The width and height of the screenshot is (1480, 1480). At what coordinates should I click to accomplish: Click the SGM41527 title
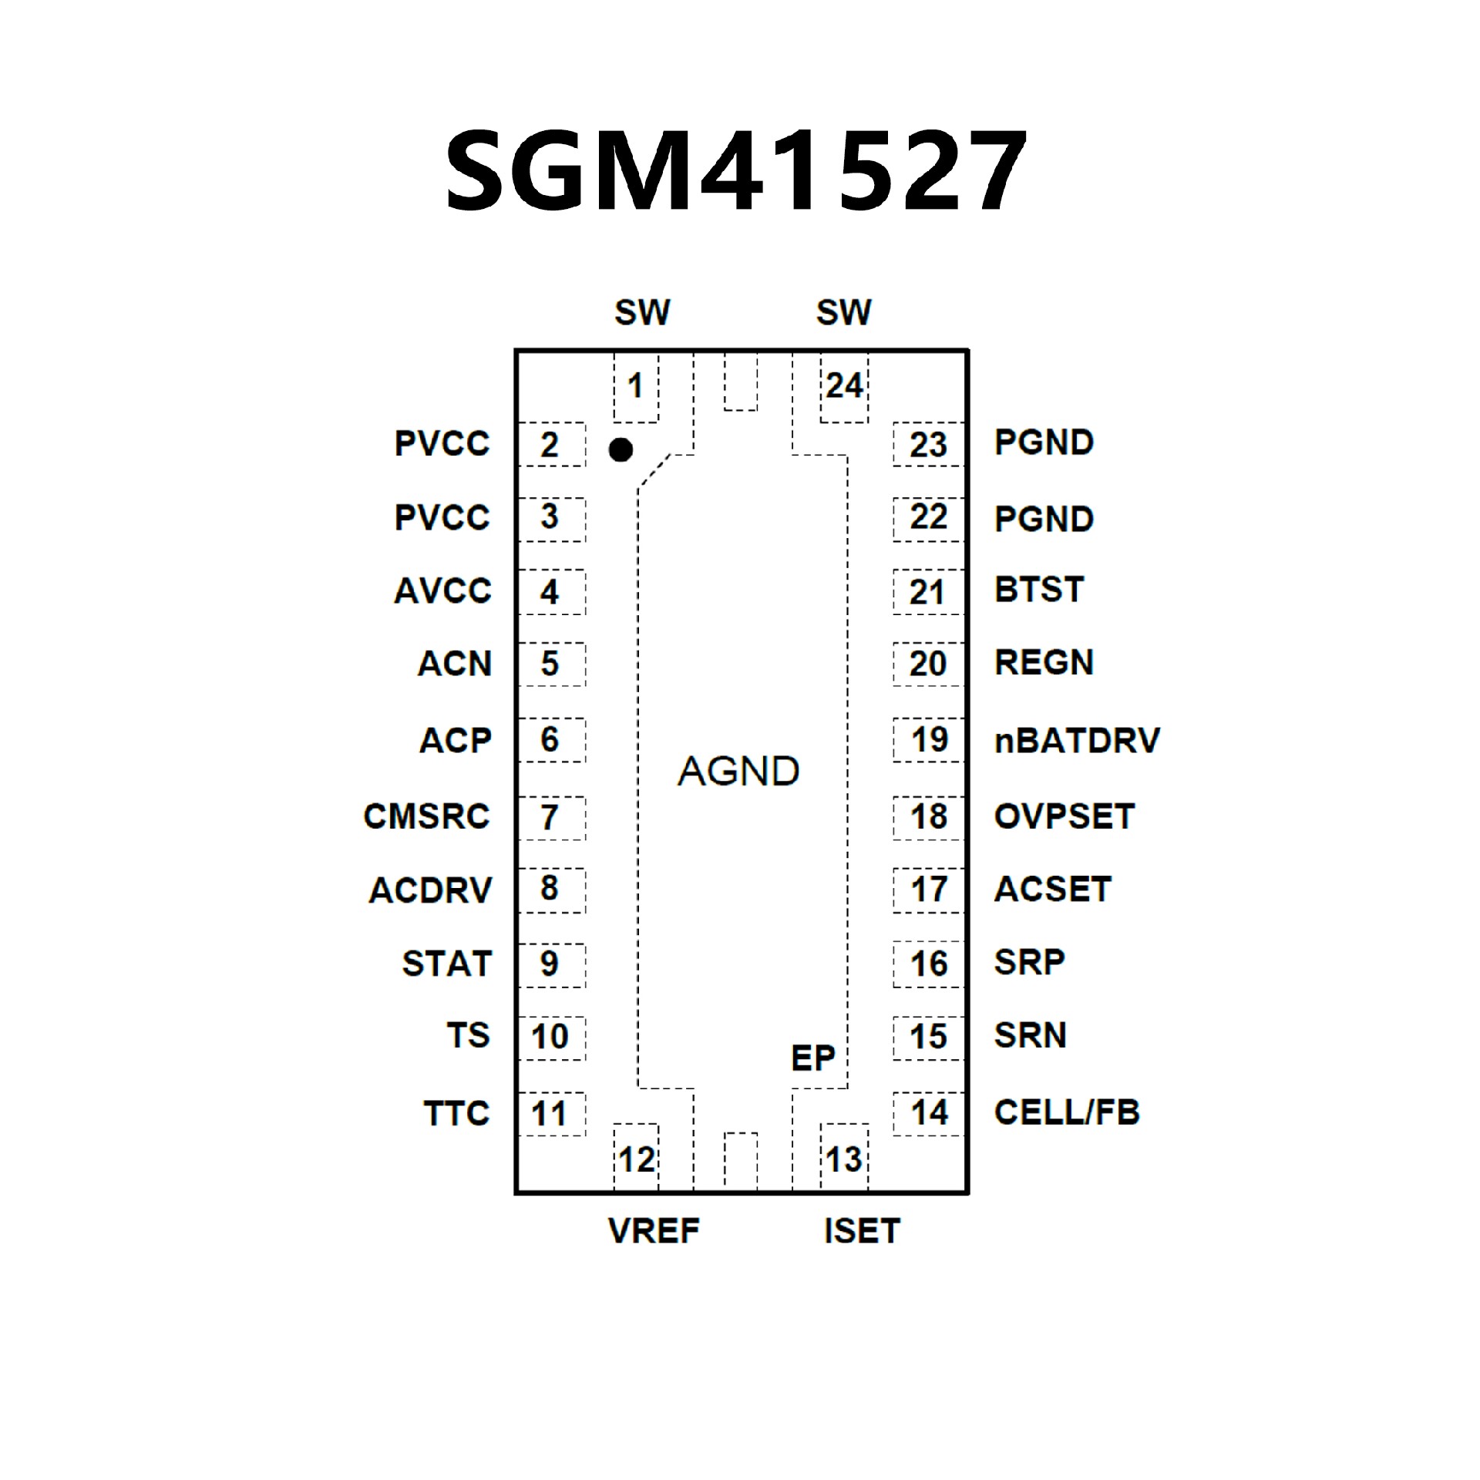click(736, 171)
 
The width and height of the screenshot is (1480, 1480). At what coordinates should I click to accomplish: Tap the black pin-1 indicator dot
click(621, 449)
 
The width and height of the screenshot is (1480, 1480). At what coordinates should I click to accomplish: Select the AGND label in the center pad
click(738, 771)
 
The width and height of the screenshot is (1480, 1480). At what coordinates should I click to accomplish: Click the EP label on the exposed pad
click(813, 1058)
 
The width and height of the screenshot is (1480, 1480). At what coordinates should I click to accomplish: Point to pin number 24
click(844, 385)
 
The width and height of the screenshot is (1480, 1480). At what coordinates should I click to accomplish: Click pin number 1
click(635, 385)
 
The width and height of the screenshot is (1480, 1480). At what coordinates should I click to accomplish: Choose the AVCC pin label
click(442, 591)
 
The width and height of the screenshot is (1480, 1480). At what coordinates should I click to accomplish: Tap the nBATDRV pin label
click(1077, 741)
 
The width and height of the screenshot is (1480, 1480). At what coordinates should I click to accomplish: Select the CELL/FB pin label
click(1067, 1112)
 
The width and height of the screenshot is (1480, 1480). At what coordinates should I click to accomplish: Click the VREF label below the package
click(654, 1231)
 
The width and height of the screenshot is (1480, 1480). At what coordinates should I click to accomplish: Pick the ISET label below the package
click(862, 1231)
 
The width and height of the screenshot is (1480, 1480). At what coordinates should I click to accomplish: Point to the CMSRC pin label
click(426, 816)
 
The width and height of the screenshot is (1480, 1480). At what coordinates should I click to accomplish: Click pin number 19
click(929, 740)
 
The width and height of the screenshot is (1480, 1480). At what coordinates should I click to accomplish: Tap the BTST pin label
click(1039, 590)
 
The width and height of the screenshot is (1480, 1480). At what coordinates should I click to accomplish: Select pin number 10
click(550, 1037)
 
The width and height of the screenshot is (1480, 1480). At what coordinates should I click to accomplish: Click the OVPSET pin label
click(1065, 816)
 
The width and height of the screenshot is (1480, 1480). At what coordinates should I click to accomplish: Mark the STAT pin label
click(446, 964)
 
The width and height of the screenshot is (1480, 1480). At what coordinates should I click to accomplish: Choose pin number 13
click(844, 1159)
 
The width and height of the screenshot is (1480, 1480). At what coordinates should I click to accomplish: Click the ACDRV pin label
click(430, 890)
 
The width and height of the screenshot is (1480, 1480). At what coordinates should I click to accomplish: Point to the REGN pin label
click(1044, 663)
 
